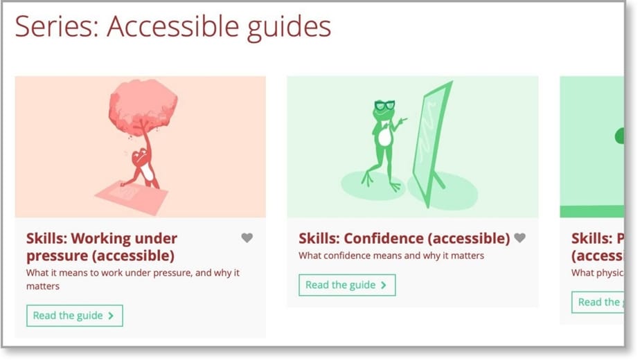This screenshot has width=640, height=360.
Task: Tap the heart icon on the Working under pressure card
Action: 247,237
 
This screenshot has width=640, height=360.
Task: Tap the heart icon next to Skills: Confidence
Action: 519,237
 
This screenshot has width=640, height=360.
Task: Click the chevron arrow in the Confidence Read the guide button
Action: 384,285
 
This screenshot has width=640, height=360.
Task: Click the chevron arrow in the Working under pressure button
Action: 111,316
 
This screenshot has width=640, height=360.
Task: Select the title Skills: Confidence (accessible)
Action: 404,238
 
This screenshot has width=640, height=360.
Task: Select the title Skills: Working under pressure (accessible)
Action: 101,246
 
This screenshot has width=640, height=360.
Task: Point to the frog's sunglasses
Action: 384,106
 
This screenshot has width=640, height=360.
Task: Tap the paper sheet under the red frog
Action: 132,195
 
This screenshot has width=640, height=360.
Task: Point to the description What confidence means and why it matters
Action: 391,255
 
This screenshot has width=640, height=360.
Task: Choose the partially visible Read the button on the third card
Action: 598,302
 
